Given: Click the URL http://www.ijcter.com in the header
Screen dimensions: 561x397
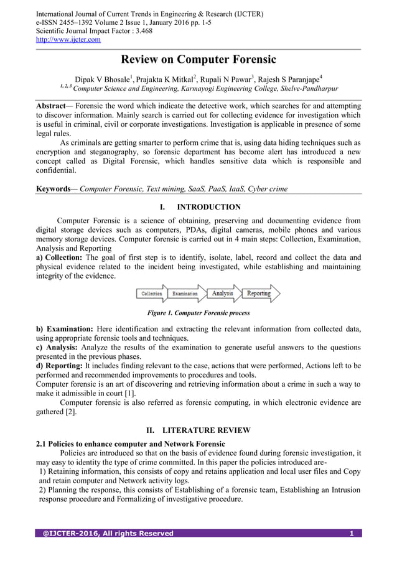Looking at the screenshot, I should pos(68,40).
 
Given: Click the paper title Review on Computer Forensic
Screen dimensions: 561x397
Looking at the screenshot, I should pos(198,60).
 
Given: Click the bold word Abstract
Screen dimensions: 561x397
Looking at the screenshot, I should pos(54,106).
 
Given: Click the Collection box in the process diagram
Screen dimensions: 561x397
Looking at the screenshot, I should pos(152,294).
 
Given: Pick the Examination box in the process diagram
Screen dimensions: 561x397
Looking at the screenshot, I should pos(185,294).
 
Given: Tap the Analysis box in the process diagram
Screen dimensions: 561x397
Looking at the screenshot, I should pos(222,294).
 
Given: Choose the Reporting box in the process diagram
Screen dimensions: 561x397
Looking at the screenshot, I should pos(259,294).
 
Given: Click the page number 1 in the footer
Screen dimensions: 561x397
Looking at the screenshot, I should pos(352,533).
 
